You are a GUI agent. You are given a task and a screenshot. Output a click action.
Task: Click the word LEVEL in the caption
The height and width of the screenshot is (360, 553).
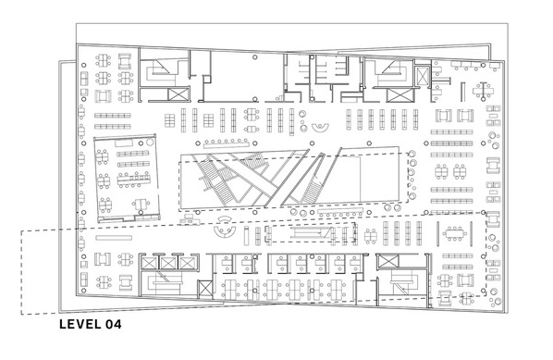[x=80, y=324]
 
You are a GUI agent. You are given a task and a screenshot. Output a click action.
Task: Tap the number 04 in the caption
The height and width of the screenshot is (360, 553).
[x=113, y=324]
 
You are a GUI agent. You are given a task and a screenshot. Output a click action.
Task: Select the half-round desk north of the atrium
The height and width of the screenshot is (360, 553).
[x=321, y=128]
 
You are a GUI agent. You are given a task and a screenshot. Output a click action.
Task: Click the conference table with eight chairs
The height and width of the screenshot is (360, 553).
[x=454, y=233]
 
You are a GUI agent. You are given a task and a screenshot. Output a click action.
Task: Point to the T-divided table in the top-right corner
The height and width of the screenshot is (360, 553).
[x=483, y=91]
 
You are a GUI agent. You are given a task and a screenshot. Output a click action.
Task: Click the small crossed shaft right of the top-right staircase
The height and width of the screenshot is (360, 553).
[x=422, y=76]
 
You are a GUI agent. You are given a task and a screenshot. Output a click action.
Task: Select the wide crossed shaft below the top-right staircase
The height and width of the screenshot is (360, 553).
[x=399, y=95]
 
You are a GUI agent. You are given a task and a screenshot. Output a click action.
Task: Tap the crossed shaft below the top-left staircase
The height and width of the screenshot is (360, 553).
[x=178, y=95]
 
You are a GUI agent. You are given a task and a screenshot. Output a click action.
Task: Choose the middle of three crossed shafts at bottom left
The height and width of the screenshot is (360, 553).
[x=168, y=263]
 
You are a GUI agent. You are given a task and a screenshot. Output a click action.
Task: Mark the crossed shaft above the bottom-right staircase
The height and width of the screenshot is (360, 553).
[x=387, y=262]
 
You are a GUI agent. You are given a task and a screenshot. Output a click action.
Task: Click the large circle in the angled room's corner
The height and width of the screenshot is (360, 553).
[x=150, y=142]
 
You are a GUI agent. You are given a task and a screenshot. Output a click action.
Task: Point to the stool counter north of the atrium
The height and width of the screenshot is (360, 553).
[x=227, y=143]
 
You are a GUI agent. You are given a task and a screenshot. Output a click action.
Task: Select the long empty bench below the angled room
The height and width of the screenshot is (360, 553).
[x=114, y=238]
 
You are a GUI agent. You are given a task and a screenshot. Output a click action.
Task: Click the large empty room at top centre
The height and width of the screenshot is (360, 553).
[x=237, y=76]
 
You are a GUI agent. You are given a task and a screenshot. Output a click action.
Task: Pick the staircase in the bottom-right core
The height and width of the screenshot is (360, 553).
[x=404, y=281]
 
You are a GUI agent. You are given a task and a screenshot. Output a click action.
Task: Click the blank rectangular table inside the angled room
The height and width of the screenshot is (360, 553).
[x=124, y=143]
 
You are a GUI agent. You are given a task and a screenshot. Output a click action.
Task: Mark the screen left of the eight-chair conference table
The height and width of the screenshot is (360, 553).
[x=437, y=233]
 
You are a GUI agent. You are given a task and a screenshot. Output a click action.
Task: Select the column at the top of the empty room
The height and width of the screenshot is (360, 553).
[x=255, y=57]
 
